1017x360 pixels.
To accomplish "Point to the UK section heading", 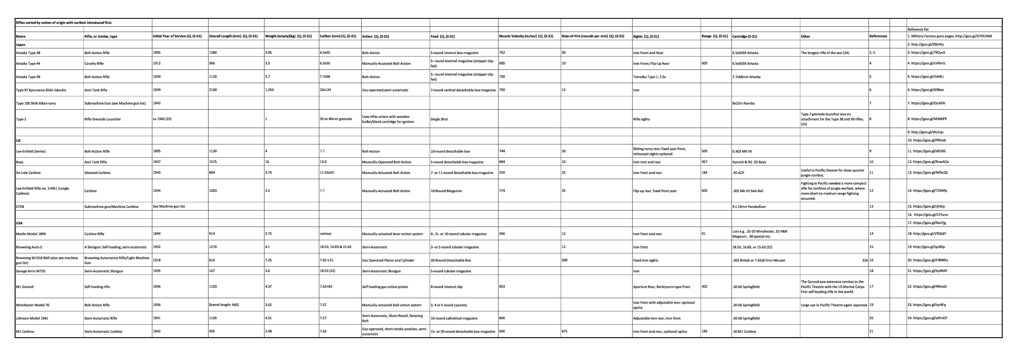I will point(18,141).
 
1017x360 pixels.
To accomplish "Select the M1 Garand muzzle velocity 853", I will point(502,287).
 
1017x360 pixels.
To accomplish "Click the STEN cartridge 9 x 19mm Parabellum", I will point(749,206).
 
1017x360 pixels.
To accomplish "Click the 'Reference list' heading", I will point(918,29).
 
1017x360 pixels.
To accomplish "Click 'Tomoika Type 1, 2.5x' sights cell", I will point(650,77).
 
